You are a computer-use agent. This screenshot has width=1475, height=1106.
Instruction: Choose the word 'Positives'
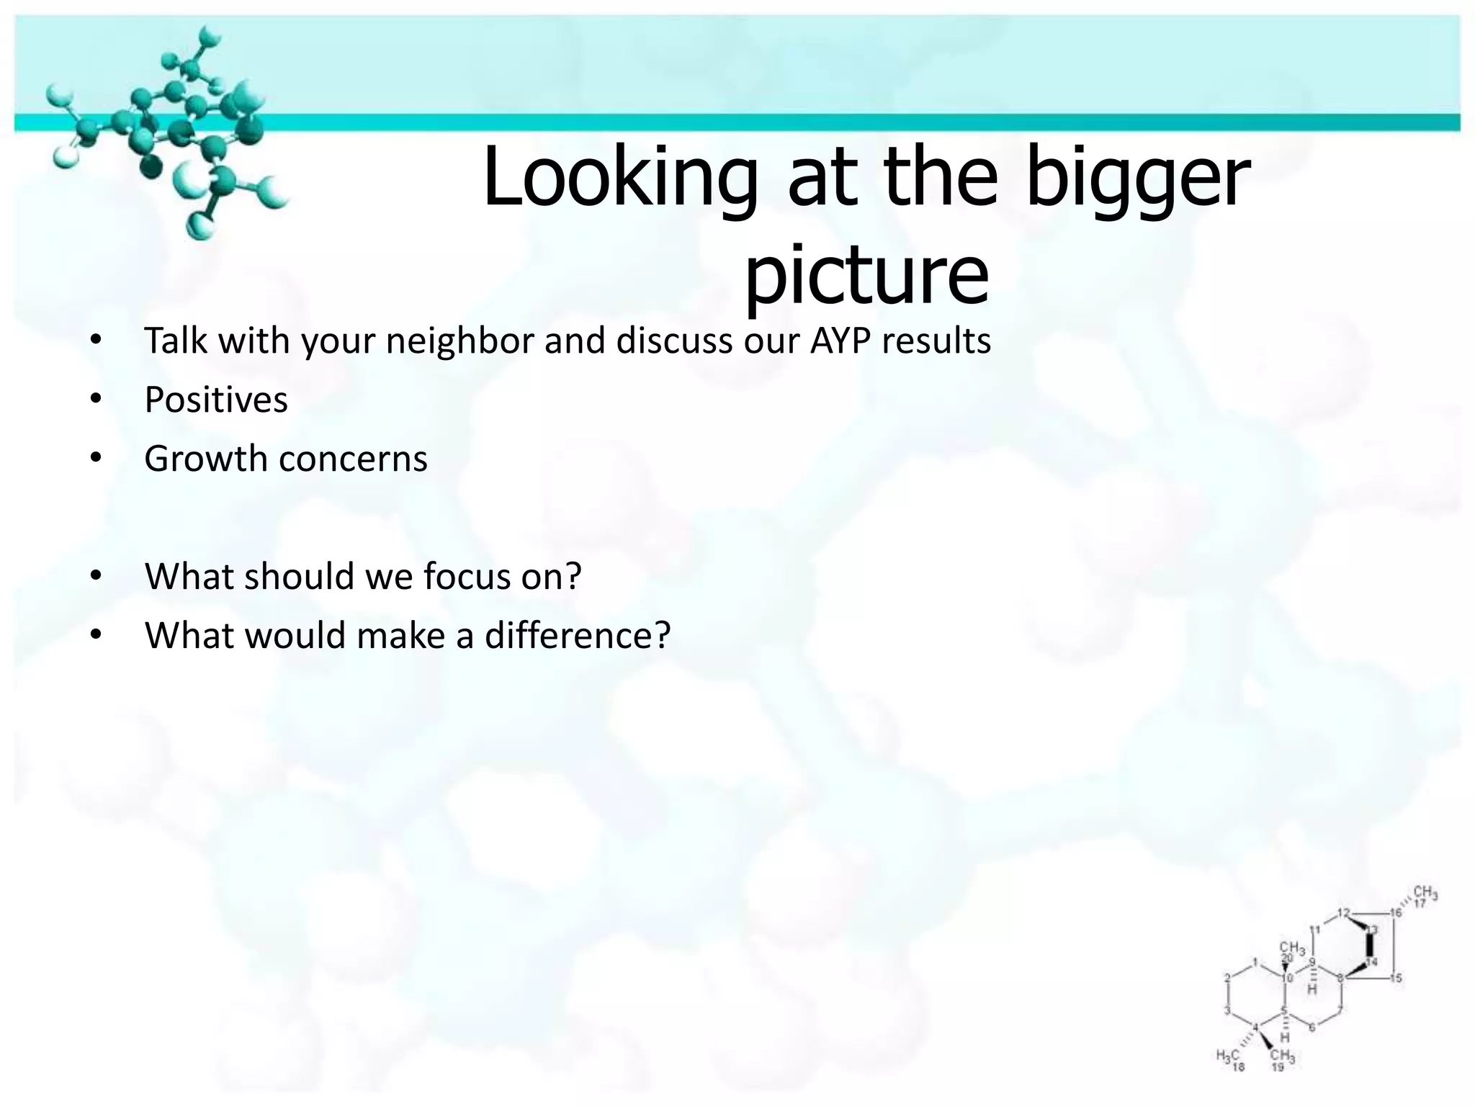pos(215,400)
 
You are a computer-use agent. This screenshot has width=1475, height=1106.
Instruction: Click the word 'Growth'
pos(206,459)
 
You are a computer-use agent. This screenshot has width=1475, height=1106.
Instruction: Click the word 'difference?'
pos(577,636)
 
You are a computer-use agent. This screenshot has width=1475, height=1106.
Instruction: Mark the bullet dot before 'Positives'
pos(97,400)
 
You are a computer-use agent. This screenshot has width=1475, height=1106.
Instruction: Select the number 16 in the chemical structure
pos(1396,913)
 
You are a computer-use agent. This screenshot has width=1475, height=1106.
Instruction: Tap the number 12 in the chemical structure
pos(1343,913)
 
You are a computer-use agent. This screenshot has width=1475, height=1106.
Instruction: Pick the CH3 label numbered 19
pos(1283,1056)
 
